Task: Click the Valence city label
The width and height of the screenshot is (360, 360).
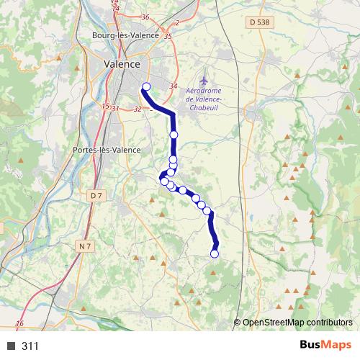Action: coord(122,63)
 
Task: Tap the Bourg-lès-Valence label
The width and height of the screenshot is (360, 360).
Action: coord(121,35)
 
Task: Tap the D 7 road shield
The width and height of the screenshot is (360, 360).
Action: coord(96,196)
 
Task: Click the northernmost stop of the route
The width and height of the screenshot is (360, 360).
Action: coord(146,87)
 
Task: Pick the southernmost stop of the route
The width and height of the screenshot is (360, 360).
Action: coord(214,253)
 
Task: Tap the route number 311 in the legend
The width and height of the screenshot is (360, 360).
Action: coord(30,346)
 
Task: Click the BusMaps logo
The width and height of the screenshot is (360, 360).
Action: coord(325,345)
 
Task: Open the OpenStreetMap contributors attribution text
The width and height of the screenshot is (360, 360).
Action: coord(297,323)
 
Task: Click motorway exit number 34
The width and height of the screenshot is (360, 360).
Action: coord(173,86)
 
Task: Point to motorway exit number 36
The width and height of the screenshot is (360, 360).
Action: coord(145,17)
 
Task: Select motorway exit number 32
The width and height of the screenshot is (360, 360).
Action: coord(137,109)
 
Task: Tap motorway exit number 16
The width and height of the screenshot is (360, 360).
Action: coord(19,323)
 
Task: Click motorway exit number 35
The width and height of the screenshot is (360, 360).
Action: coord(168,35)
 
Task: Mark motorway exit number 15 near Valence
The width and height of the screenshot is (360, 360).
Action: coord(105,106)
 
